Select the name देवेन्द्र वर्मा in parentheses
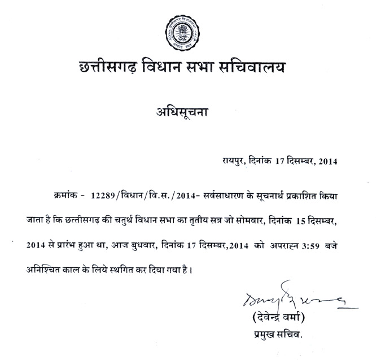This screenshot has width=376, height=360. [275, 316]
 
